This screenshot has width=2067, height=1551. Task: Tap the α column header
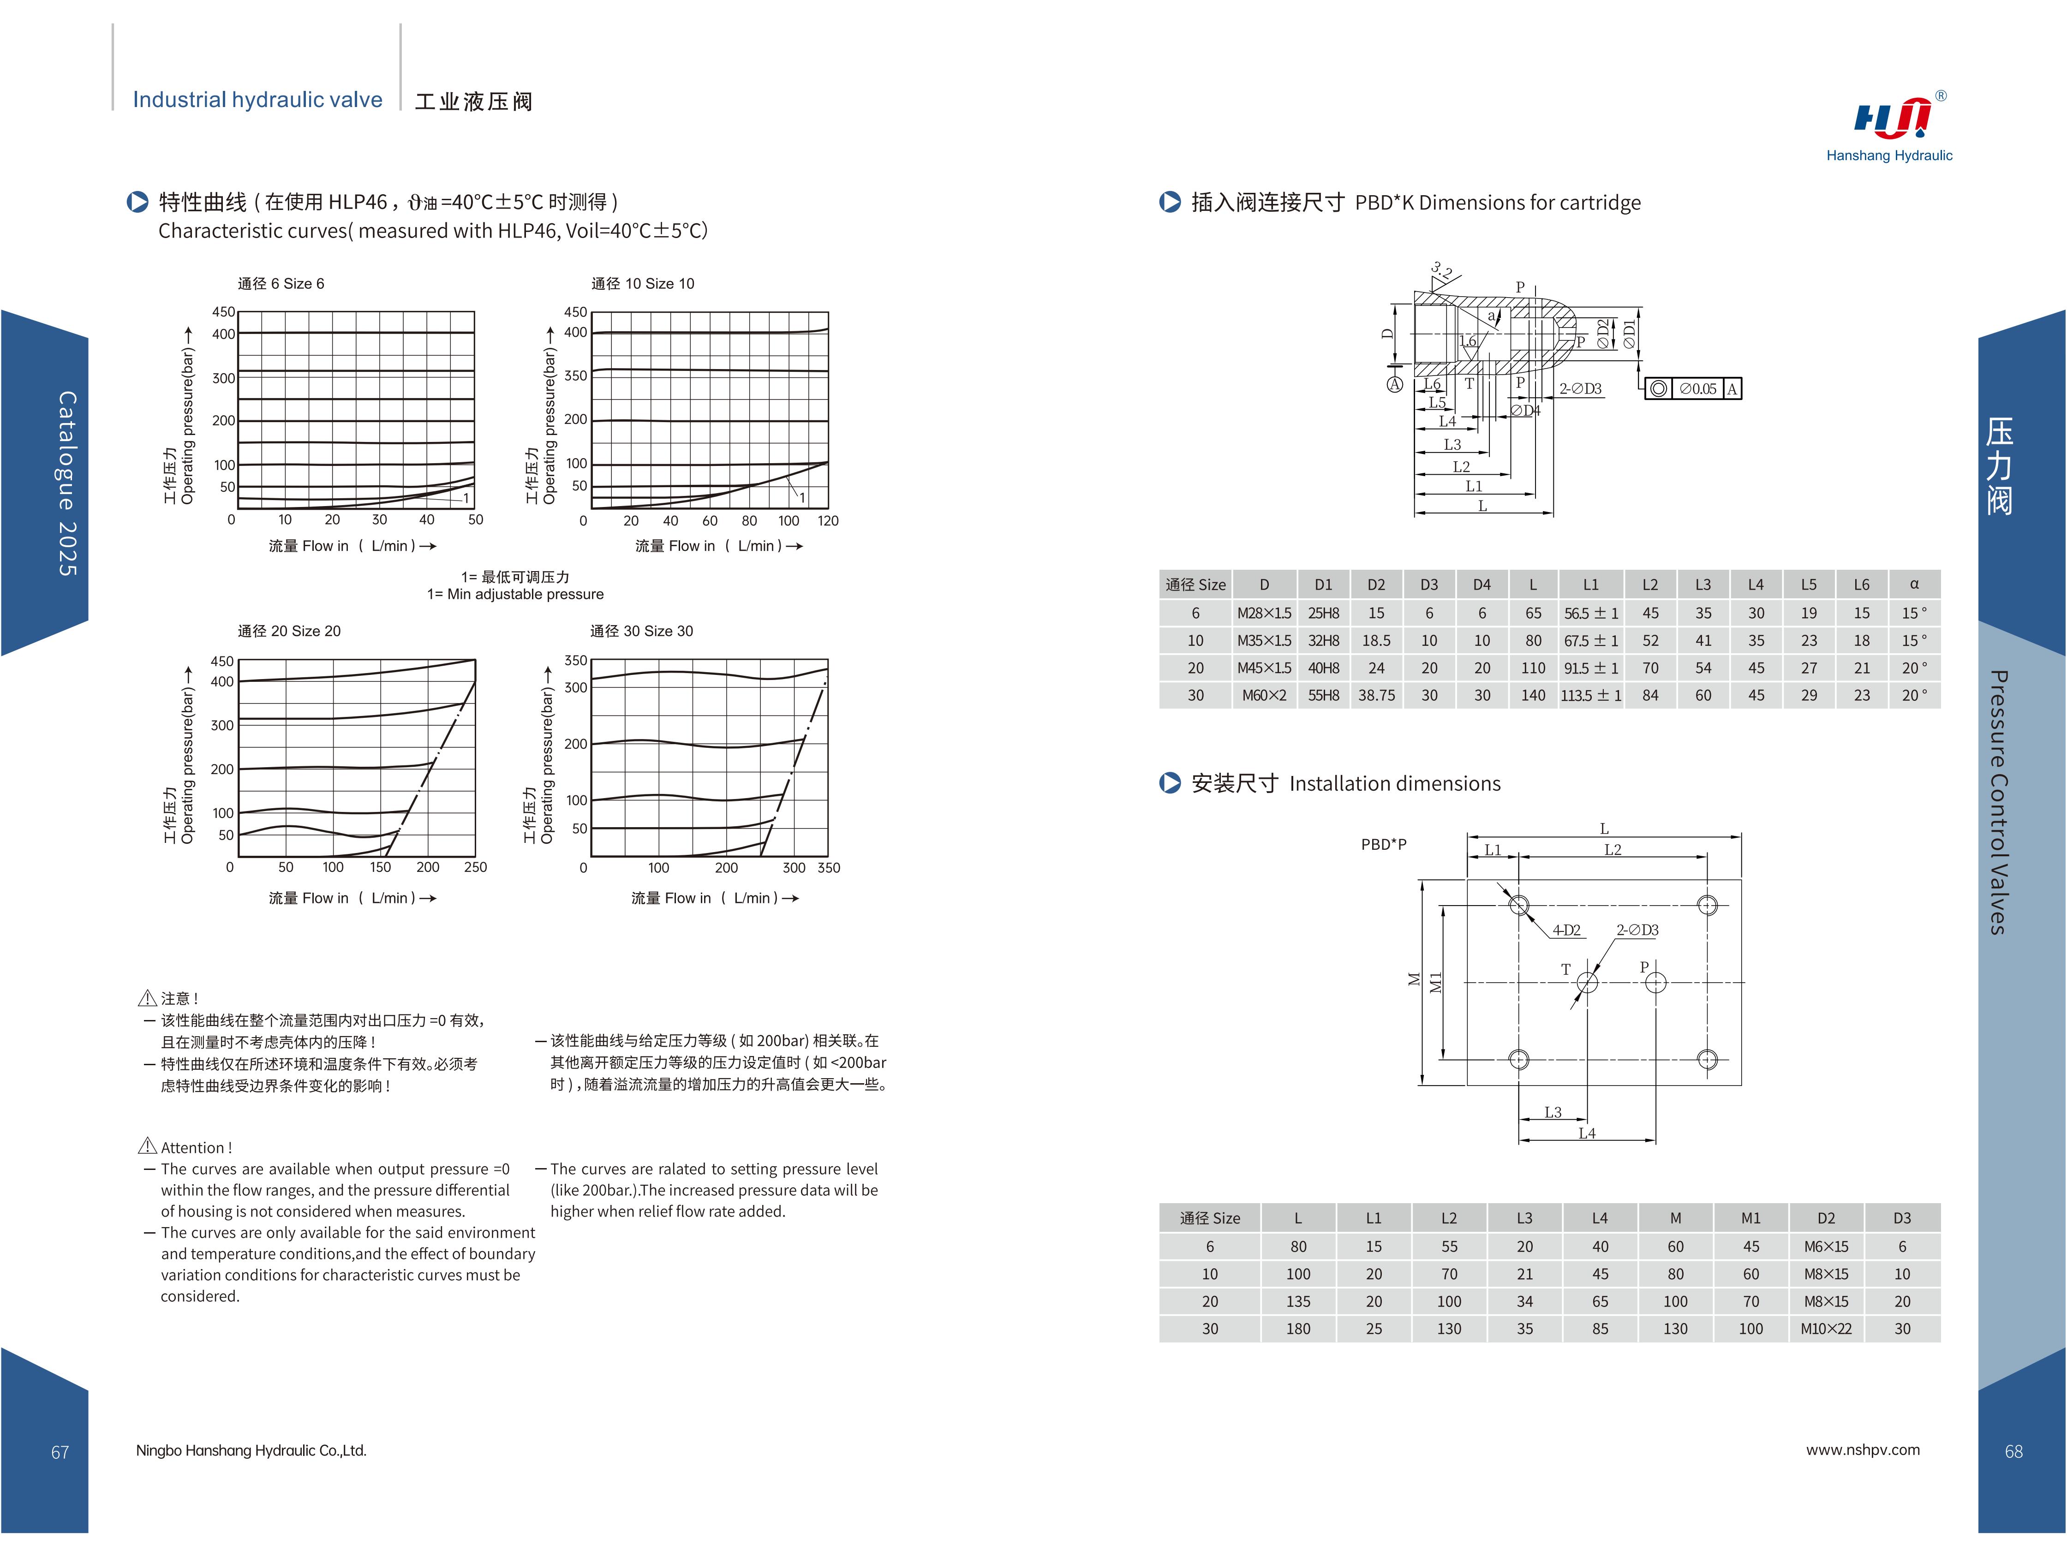[1914, 584]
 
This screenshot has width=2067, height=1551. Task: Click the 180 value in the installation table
[1298, 1329]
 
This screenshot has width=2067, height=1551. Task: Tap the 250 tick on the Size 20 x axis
[475, 867]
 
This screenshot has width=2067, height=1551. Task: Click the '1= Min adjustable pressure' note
[515, 594]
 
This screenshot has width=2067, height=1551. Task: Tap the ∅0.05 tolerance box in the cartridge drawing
[1697, 389]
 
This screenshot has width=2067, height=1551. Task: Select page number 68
[2014, 1451]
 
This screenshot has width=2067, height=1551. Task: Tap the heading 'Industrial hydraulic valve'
[257, 100]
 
